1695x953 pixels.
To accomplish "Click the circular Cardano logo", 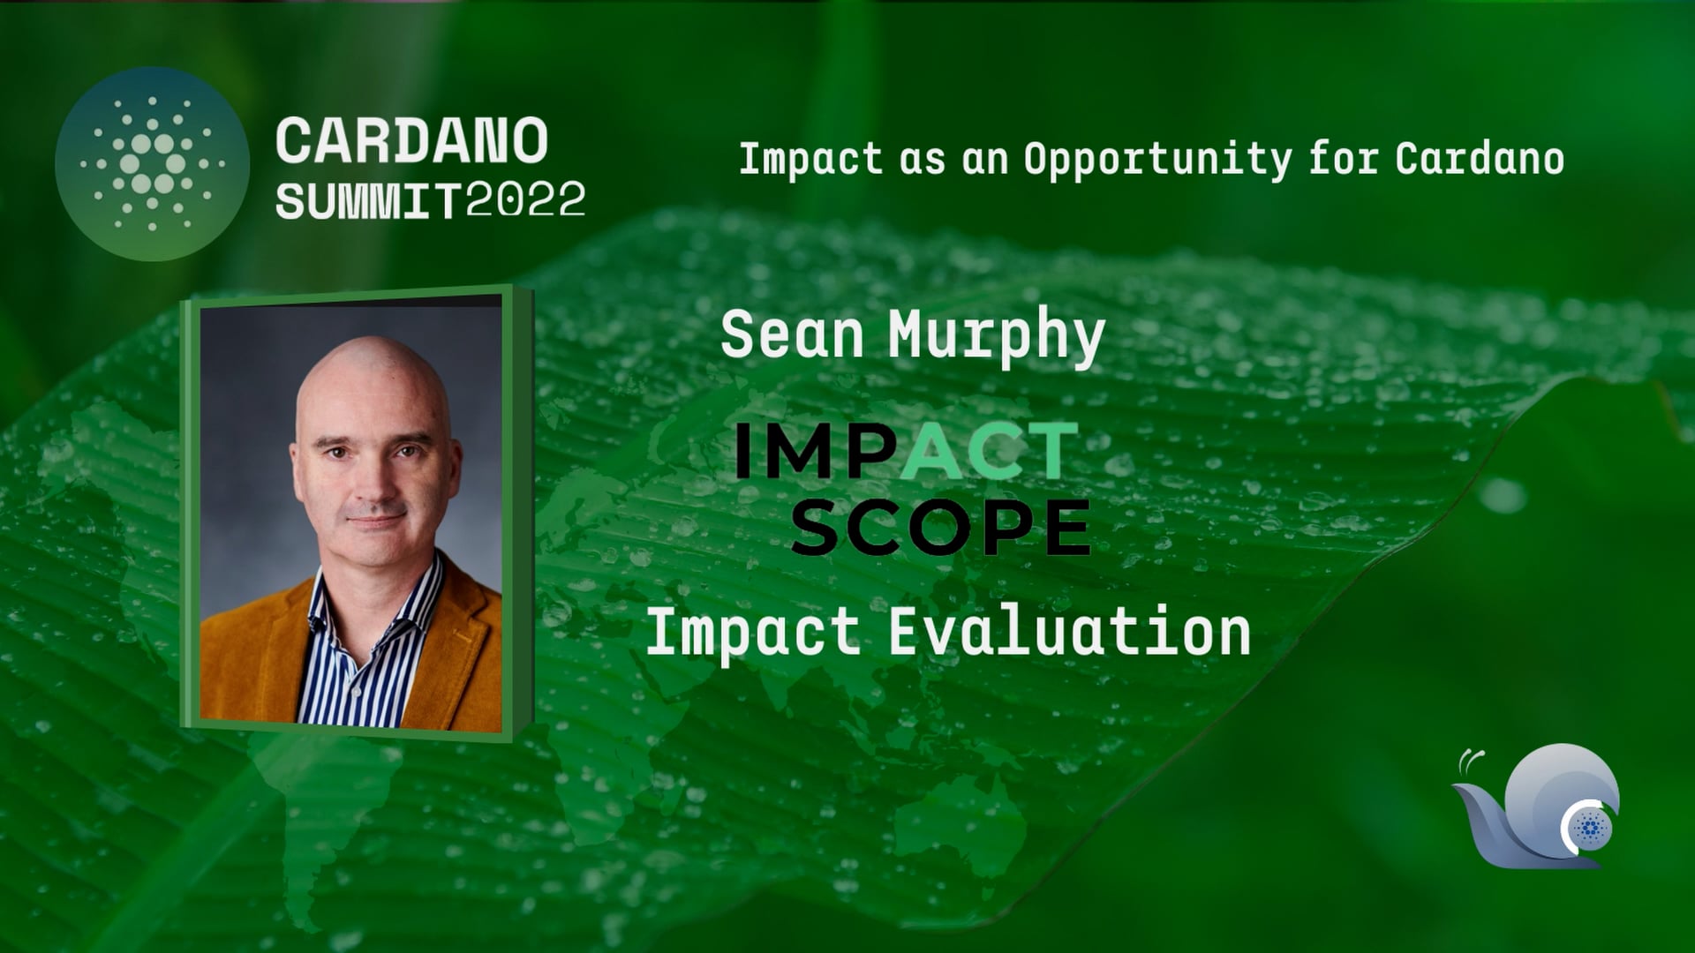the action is tap(152, 164).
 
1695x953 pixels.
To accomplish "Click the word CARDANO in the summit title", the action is tap(412, 141).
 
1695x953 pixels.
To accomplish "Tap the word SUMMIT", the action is tap(368, 202).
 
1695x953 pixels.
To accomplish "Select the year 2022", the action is tap(525, 200).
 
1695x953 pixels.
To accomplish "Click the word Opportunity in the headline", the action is tap(1157, 161).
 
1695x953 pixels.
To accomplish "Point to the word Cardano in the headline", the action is tap(1480, 159).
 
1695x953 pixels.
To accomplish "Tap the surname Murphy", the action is tap(997, 337).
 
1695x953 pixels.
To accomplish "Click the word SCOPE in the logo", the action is tap(941, 528).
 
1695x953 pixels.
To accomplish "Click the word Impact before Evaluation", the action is tap(753, 634).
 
